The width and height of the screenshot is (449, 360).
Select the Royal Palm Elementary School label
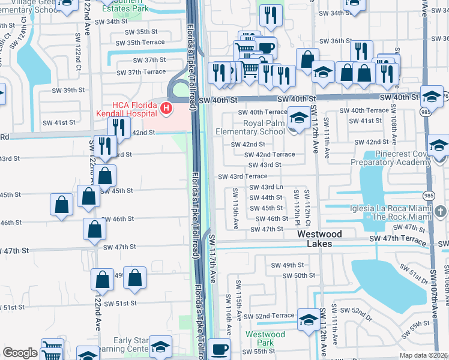point(255,127)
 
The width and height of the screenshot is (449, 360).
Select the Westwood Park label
point(265,338)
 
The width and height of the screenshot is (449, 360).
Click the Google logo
point(20,353)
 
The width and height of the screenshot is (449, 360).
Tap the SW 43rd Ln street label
point(265,188)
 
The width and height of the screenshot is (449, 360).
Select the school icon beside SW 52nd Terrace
point(309,320)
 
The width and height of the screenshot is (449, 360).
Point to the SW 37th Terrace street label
point(141,72)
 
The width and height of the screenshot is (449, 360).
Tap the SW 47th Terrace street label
point(400,239)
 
